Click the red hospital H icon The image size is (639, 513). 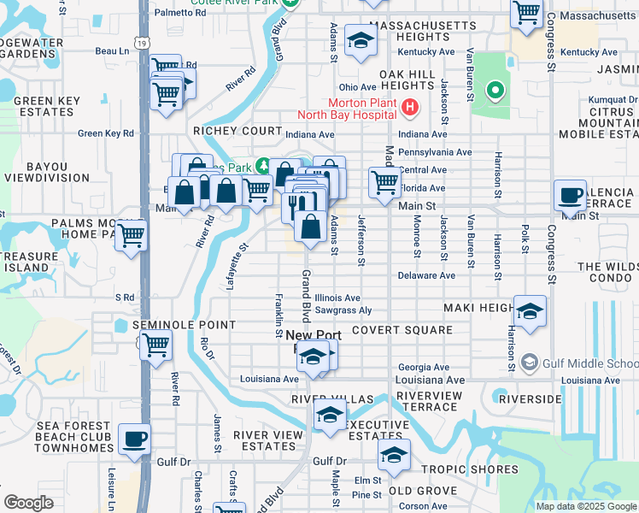(x=409, y=108)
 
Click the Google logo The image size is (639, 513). (x=28, y=503)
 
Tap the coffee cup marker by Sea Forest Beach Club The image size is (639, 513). (x=134, y=440)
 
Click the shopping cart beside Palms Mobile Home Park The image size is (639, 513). (x=131, y=235)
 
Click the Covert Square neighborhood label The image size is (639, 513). (x=402, y=330)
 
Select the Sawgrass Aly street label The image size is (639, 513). (x=343, y=310)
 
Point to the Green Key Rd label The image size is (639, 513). (x=106, y=133)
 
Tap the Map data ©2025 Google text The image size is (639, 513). (x=586, y=506)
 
